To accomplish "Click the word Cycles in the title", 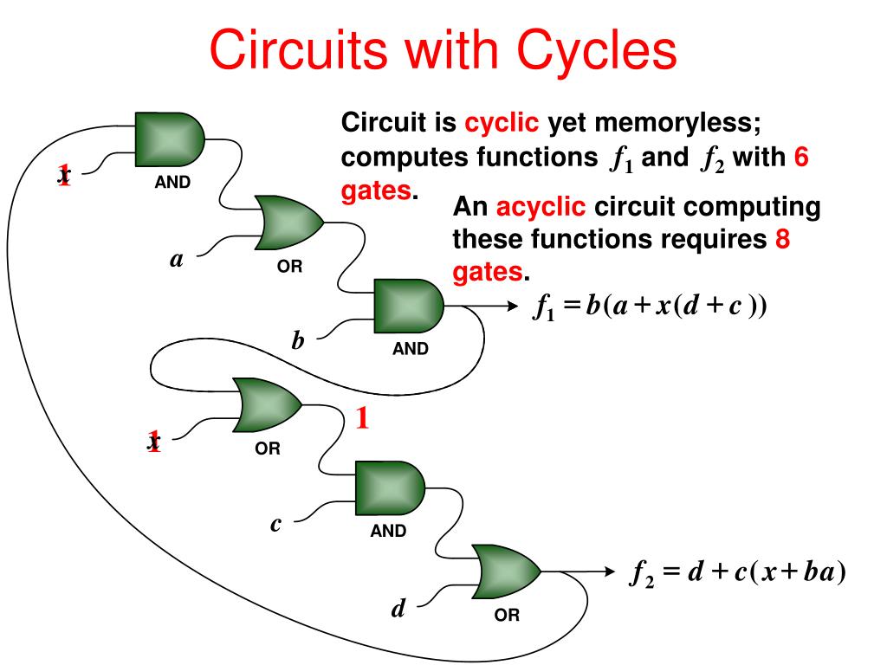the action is pos(597,49).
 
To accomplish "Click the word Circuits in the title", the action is pos(298,49).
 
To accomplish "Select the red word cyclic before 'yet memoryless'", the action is pos(502,123).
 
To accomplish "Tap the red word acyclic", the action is pos(541,206).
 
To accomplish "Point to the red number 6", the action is pos(801,157).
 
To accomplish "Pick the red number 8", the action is pos(782,239).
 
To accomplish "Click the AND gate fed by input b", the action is pos(409,306).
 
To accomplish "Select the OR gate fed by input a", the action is pos(289,223).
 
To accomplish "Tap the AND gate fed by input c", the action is pos(390,488).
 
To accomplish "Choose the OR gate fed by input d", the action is pos(506,571).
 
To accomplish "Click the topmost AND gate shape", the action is pos(170,139).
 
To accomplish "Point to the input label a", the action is pos(177,260).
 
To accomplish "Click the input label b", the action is pos(298,339).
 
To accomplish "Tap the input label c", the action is pos(275,524).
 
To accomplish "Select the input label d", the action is pos(398,608).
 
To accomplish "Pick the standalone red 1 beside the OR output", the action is pos(362,418).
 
